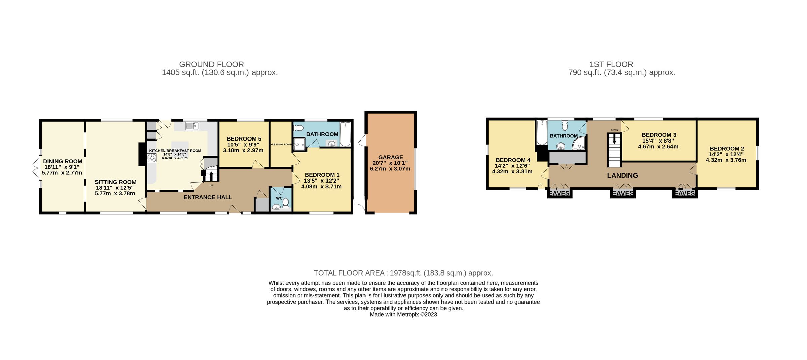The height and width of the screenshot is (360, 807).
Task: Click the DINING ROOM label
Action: click(63, 161)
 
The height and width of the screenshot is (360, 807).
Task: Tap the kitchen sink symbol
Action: click(192, 126)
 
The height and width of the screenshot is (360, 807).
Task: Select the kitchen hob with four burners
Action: click(152, 158)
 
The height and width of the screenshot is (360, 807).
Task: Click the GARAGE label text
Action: click(390, 157)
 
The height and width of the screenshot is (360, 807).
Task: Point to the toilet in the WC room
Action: click(286, 203)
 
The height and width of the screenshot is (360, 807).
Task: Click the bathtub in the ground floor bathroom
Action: click(345, 134)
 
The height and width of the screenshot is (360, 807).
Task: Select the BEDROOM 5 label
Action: click(244, 139)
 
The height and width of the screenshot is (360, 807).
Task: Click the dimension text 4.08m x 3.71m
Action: click(321, 186)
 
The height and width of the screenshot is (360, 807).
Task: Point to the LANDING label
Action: click(622, 175)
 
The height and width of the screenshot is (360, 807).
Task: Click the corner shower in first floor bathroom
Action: click(579, 144)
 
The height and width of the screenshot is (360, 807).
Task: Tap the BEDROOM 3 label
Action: click(659, 135)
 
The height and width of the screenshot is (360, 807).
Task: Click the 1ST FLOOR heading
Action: click(611, 64)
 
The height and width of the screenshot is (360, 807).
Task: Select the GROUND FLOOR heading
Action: click(212, 64)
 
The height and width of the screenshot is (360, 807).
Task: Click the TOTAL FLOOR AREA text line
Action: click(403, 273)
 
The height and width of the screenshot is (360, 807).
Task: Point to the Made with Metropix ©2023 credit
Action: click(403, 315)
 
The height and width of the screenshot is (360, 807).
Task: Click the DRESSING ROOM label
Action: click(281, 145)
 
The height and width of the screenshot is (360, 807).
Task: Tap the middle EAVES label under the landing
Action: click(623, 193)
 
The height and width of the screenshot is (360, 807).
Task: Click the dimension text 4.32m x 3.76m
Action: click(726, 160)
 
